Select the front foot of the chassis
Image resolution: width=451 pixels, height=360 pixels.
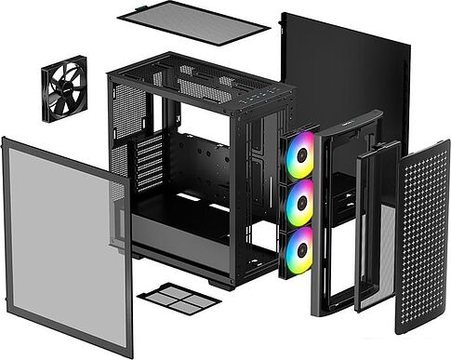(221, 283)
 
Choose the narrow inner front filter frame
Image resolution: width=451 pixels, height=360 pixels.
(378, 227)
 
